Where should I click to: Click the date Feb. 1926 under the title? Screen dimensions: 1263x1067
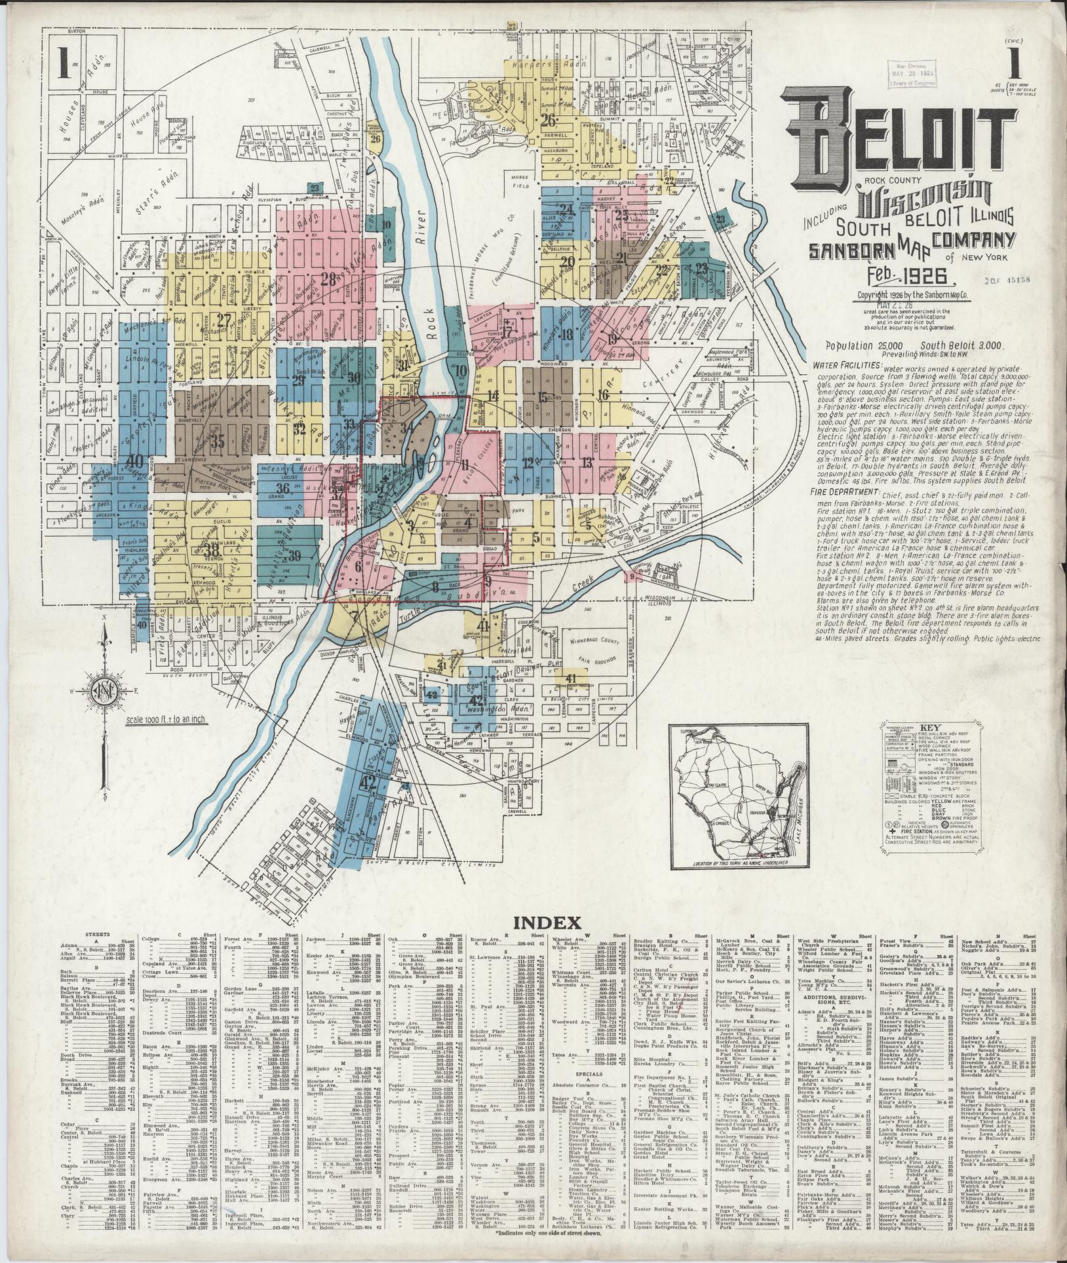[885, 275]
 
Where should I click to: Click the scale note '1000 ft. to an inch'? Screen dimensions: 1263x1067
[165, 720]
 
